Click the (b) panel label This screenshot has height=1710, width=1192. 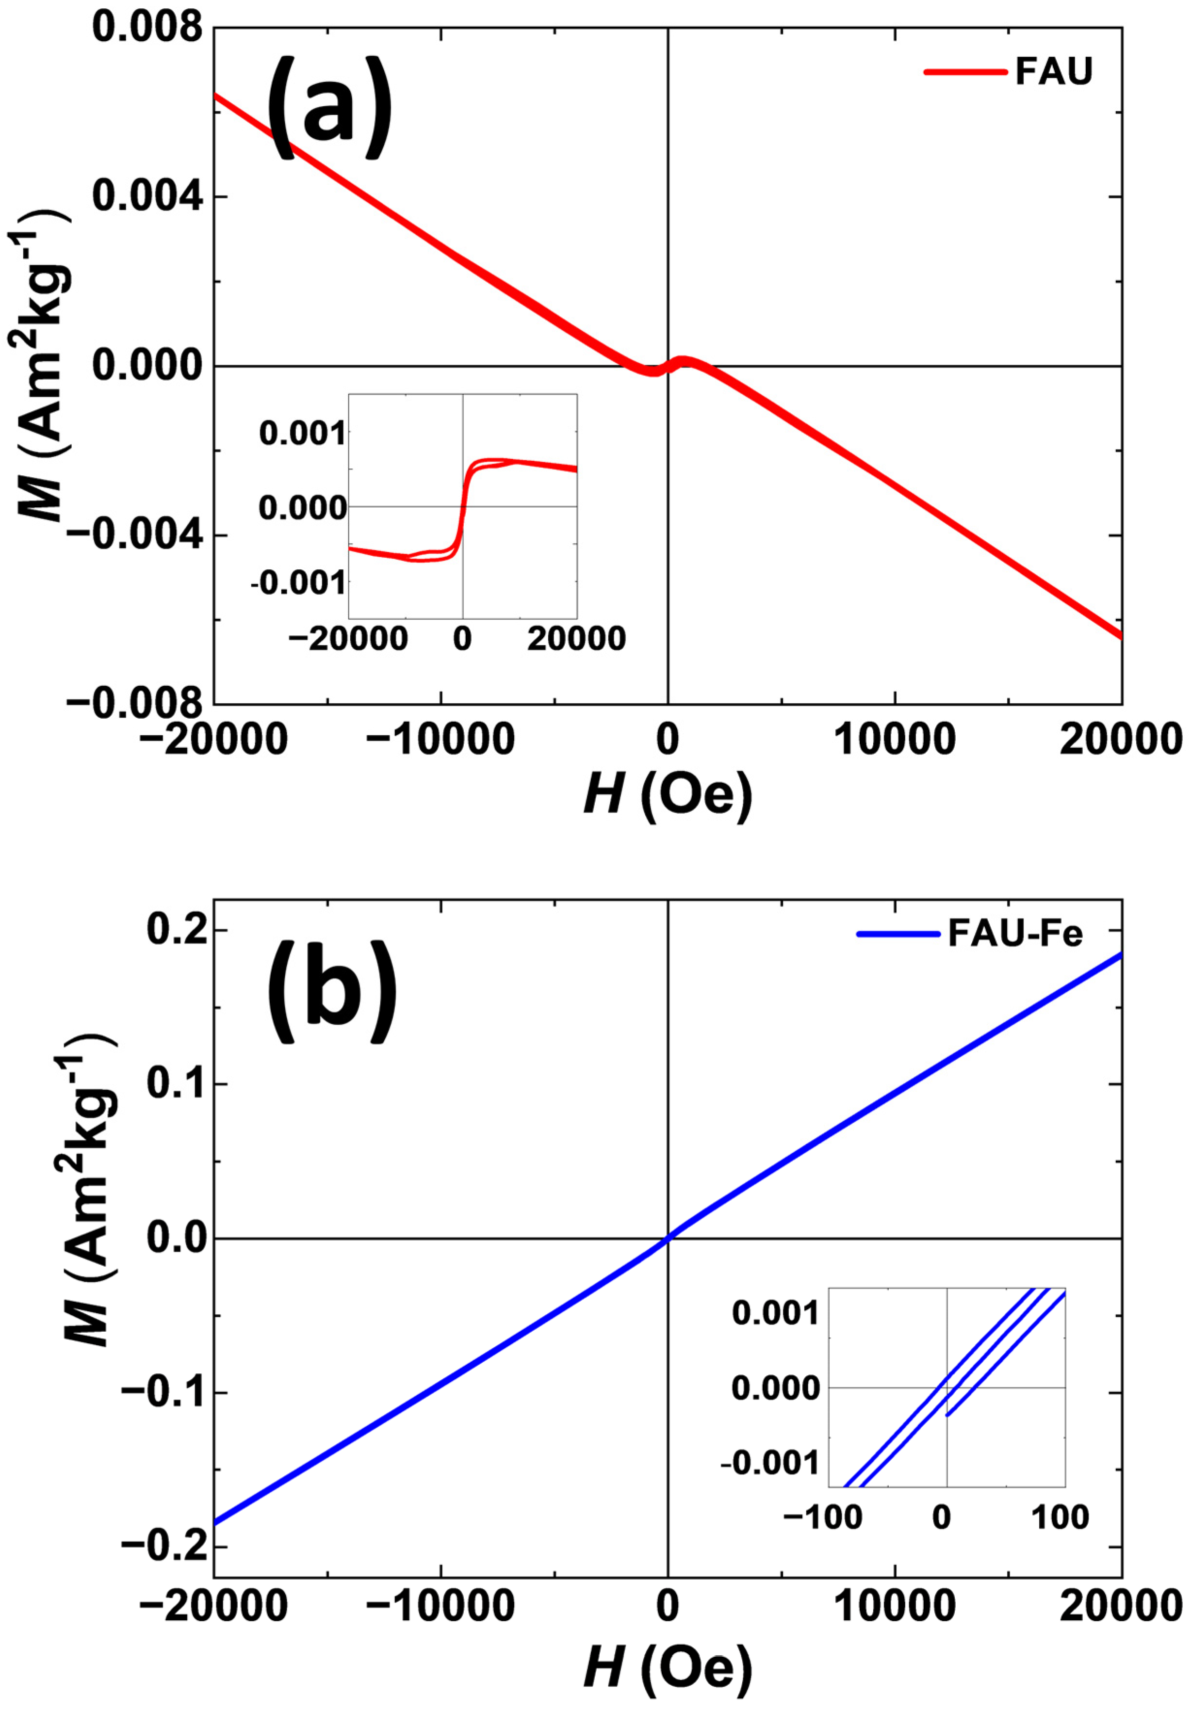(x=331, y=990)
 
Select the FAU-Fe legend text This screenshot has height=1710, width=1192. (x=1015, y=933)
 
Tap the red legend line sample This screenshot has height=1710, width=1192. (x=965, y=72)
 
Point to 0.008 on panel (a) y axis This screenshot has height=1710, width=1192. (x=147, y=28)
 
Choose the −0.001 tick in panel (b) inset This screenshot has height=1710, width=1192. (x=769, y=1464)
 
